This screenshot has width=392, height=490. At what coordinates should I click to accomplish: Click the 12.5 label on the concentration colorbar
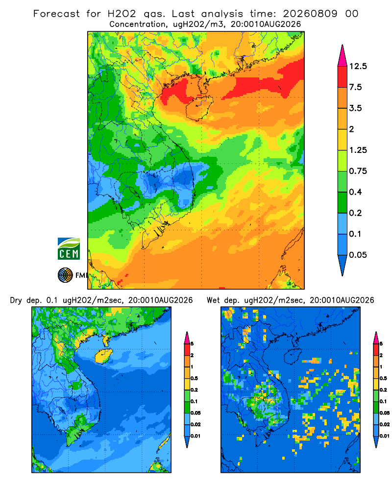coord(358,66)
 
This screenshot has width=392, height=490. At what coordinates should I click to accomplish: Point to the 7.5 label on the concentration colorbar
coord(355,87)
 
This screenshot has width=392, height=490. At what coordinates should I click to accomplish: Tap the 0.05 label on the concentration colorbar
coord(358,255)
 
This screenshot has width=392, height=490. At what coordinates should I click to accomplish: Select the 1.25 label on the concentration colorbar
coord(358,150)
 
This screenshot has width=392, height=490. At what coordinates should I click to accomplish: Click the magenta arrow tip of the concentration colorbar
coord(343,56)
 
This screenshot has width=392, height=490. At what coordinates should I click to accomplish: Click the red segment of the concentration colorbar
coord(343,77)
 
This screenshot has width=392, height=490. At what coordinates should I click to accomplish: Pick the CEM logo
coord(69,249)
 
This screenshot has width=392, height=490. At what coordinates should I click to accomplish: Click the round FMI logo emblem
coord(65,275)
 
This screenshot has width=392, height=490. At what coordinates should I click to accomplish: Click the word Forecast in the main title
coord(56,14)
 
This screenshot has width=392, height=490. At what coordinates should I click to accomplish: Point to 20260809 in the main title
coord(310,14)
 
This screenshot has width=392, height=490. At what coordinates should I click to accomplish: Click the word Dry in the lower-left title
coord(16,300)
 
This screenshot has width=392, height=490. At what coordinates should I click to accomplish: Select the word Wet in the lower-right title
coord(213,300)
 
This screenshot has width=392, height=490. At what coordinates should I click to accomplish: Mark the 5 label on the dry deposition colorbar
coord(192,344)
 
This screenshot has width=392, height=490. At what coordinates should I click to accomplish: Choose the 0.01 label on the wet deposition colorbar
coord(385,436)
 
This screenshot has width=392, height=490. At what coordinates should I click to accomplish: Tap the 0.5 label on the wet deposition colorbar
coord(383,378)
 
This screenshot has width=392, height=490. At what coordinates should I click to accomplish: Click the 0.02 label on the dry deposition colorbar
coord(196,424)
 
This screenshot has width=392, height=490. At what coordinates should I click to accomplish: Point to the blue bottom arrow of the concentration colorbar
coord(343,264)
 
